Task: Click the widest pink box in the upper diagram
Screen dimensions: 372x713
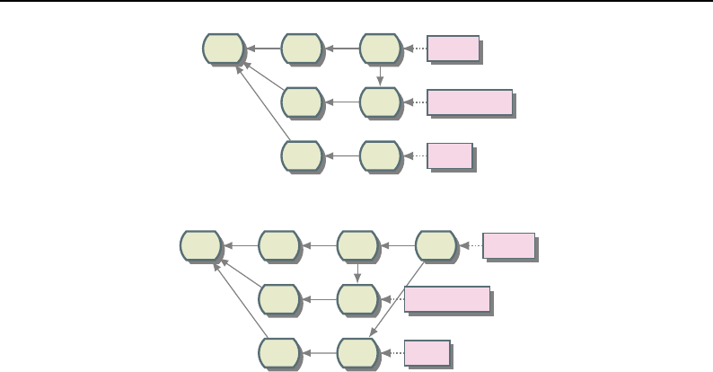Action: [x=470, y=102]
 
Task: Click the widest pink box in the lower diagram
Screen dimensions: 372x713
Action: [x=447, y=299]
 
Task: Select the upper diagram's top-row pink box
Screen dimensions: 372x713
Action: [x=453, y=49]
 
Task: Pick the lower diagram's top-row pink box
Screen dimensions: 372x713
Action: [x=508, y=245]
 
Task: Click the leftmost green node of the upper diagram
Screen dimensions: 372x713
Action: [x=223, y=49]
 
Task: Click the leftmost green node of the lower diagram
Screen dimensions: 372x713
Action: [x=200, y=245]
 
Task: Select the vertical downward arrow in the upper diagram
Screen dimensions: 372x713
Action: [x=381, y=75]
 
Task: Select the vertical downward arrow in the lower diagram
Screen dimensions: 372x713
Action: [x=358, y=271]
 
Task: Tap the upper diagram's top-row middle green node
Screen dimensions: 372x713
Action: [x=302, y=49]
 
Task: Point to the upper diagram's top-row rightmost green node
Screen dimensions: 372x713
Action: [x=381, y=49]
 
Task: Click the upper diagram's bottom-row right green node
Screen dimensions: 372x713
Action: [x=381, y=155]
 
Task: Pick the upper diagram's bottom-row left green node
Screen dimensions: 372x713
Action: [x=302, y=155]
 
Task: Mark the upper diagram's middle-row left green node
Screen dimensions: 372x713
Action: [x=302, y=102]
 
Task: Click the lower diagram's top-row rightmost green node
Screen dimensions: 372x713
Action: [x=436, y=245]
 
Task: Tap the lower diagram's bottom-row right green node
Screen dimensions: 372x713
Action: [x=358, y=352]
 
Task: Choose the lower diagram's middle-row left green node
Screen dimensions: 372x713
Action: [x=279, y=299]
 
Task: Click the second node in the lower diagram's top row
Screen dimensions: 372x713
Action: [x=279, y=245]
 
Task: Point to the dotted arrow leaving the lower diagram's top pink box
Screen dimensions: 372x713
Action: [x=471, y=245]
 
